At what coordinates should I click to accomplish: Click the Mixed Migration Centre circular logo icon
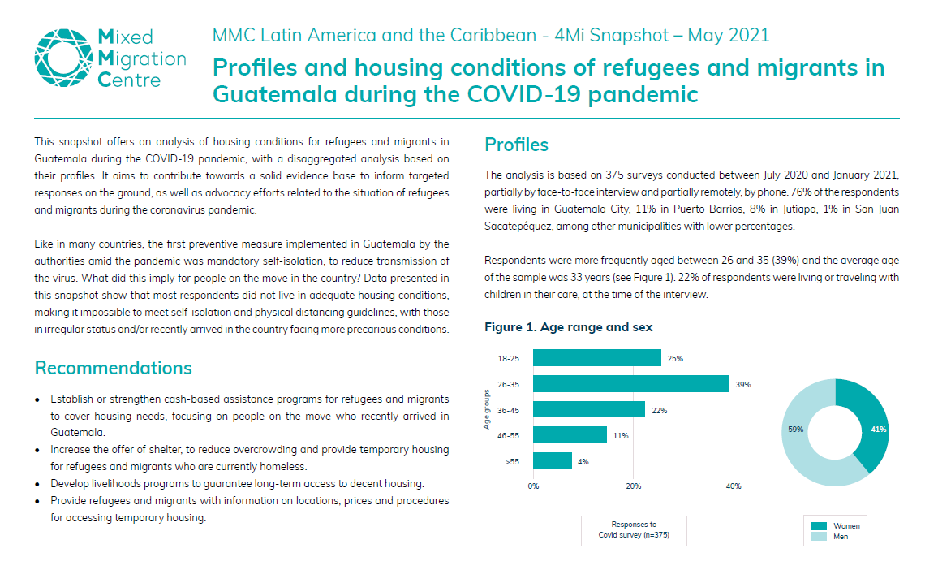tap(62, 58)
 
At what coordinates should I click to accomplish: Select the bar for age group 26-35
tap(631, 384)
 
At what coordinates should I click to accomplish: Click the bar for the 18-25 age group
tap(597, 358)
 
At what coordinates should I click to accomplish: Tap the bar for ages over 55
tap(553, 461)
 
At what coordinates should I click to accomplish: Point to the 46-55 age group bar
tap(570, 435)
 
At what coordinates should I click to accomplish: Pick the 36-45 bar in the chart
tap(589, 410)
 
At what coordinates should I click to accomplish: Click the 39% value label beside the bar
tap(743, 385)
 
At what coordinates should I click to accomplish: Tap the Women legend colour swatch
tap(820, 525)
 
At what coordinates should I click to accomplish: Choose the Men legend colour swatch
tap(820, 537)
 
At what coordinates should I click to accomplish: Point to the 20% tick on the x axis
tap(634, 486)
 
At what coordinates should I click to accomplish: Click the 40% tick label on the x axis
tap(734, 486)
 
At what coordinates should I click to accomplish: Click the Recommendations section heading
tap(114, 368)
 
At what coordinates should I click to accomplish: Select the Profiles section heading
tap(516, 145)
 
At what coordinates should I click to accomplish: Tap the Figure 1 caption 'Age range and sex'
tap(568, 327)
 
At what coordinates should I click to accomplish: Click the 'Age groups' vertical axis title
tap(487, 409)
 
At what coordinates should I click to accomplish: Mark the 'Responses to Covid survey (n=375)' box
tap(634, 530)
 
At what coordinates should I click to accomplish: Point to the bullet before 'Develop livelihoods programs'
tap(39, 484)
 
